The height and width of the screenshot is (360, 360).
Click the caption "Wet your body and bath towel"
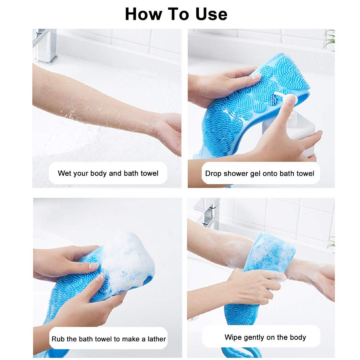point(108,173)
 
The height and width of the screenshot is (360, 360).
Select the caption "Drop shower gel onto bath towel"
point(260,173)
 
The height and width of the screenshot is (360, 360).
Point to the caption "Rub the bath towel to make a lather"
point(109,339)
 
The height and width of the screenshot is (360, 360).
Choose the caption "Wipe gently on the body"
point(265,337)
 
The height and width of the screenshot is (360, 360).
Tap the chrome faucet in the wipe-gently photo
point(209,212)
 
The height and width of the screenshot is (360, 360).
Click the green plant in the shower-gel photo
point(329,40)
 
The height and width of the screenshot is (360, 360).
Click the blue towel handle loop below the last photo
point(241,352)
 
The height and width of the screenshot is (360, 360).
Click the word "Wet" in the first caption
point(65,173)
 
